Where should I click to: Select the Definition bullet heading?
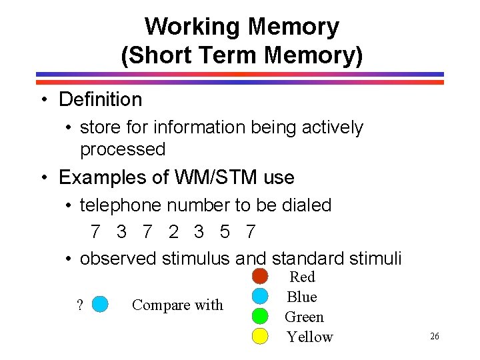coord(100,100)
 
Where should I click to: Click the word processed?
coord(123,149)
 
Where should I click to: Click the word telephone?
coord(121,205)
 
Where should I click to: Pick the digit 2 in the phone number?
coord(174,232)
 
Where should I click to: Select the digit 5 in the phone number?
coord(225,232)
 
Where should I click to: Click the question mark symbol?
coord(80,305)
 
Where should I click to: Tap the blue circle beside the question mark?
coord(100,305)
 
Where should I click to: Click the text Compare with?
coord(177,305)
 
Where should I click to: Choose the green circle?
coord(260,315)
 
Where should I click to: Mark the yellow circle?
coord(260,335)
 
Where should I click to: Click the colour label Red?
coord(303,277)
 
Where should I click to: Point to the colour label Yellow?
coord(309,337)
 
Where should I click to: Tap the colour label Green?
coord(304,317)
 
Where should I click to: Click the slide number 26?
coord(435,337)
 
